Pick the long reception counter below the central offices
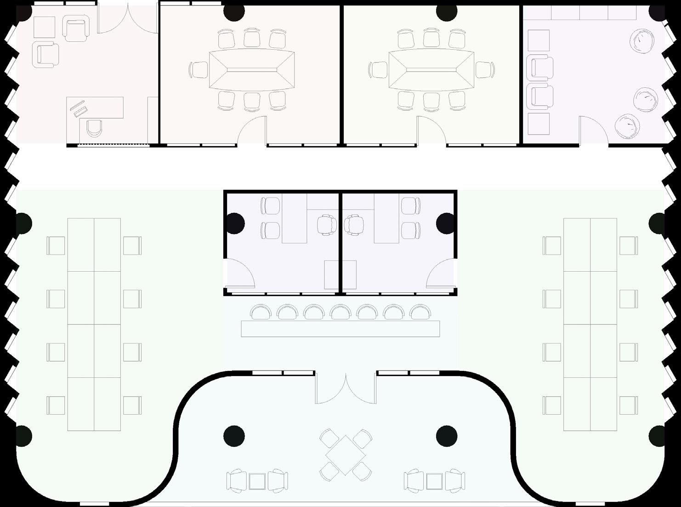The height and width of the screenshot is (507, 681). click(340, 329)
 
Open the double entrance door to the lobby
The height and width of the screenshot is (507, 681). click(346, 388)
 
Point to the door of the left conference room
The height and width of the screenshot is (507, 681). click(252, 131)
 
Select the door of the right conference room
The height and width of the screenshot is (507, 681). click(431, 131)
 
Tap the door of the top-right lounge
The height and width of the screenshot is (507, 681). click(593, 131)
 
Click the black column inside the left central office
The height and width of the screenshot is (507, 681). click(234, 222)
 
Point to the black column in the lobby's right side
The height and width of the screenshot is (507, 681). click(445, 435)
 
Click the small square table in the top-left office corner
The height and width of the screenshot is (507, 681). click(44, 27)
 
